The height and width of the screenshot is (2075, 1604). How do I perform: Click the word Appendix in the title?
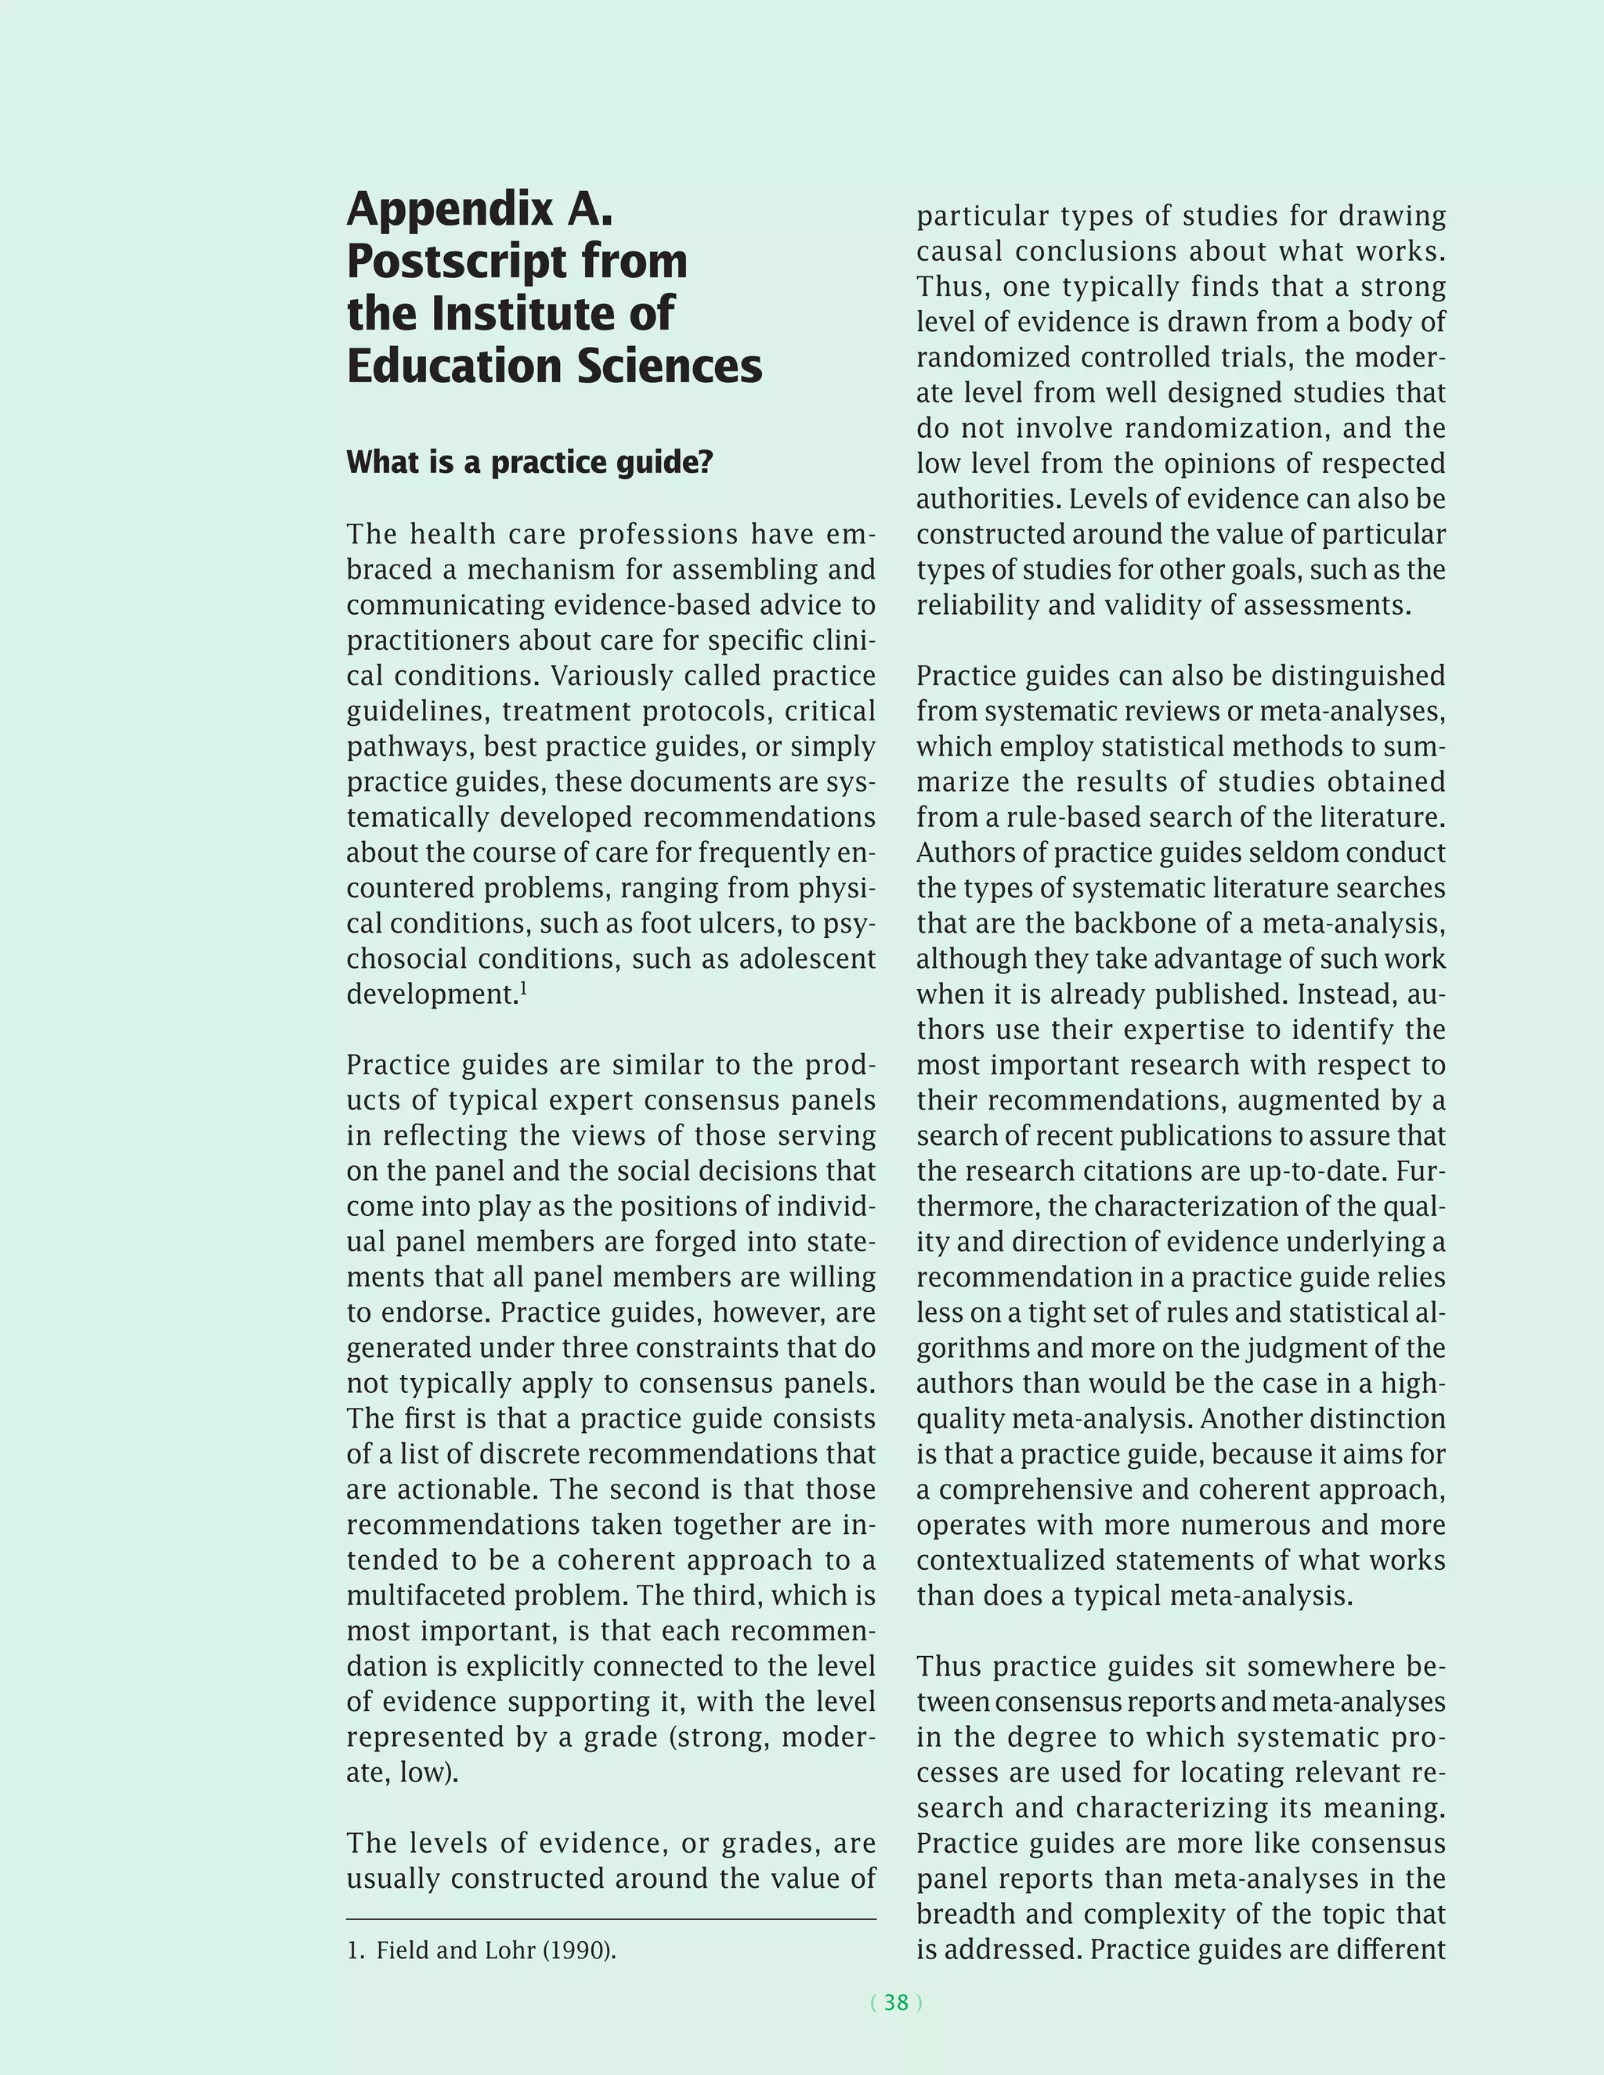[449, 211]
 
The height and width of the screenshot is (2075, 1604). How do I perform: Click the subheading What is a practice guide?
[529, 463]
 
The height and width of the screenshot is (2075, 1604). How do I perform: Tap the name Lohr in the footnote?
[511, 1951]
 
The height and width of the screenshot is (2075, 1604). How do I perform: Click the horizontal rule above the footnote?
[611, 1919]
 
